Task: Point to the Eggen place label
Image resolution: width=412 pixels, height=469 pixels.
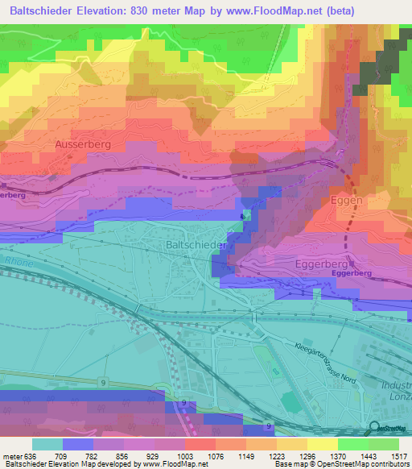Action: (347, 200)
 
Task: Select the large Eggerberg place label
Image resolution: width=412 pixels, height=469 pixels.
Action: (344, 264)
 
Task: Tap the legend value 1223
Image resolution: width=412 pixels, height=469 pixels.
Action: (260, 455)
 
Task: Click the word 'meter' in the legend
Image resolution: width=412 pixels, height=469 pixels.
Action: (12, 455)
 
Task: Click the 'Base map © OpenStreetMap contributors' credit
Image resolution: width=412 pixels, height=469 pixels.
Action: (341, 464)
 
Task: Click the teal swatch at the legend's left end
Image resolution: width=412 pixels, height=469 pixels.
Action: (47, 444)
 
